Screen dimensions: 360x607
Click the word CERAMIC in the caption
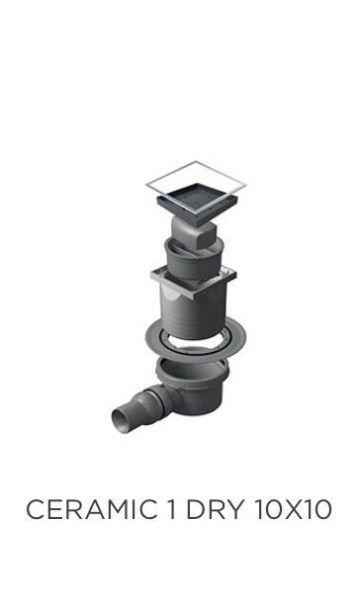[92, 509]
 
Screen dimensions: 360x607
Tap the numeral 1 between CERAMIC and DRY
[171, 509]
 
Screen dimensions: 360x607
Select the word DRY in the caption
[216, 509]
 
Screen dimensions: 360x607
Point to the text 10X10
[294, 509]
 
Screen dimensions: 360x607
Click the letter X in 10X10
[294, 509]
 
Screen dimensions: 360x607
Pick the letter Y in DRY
[235, 509]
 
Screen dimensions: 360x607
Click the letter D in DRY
[196, 509]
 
